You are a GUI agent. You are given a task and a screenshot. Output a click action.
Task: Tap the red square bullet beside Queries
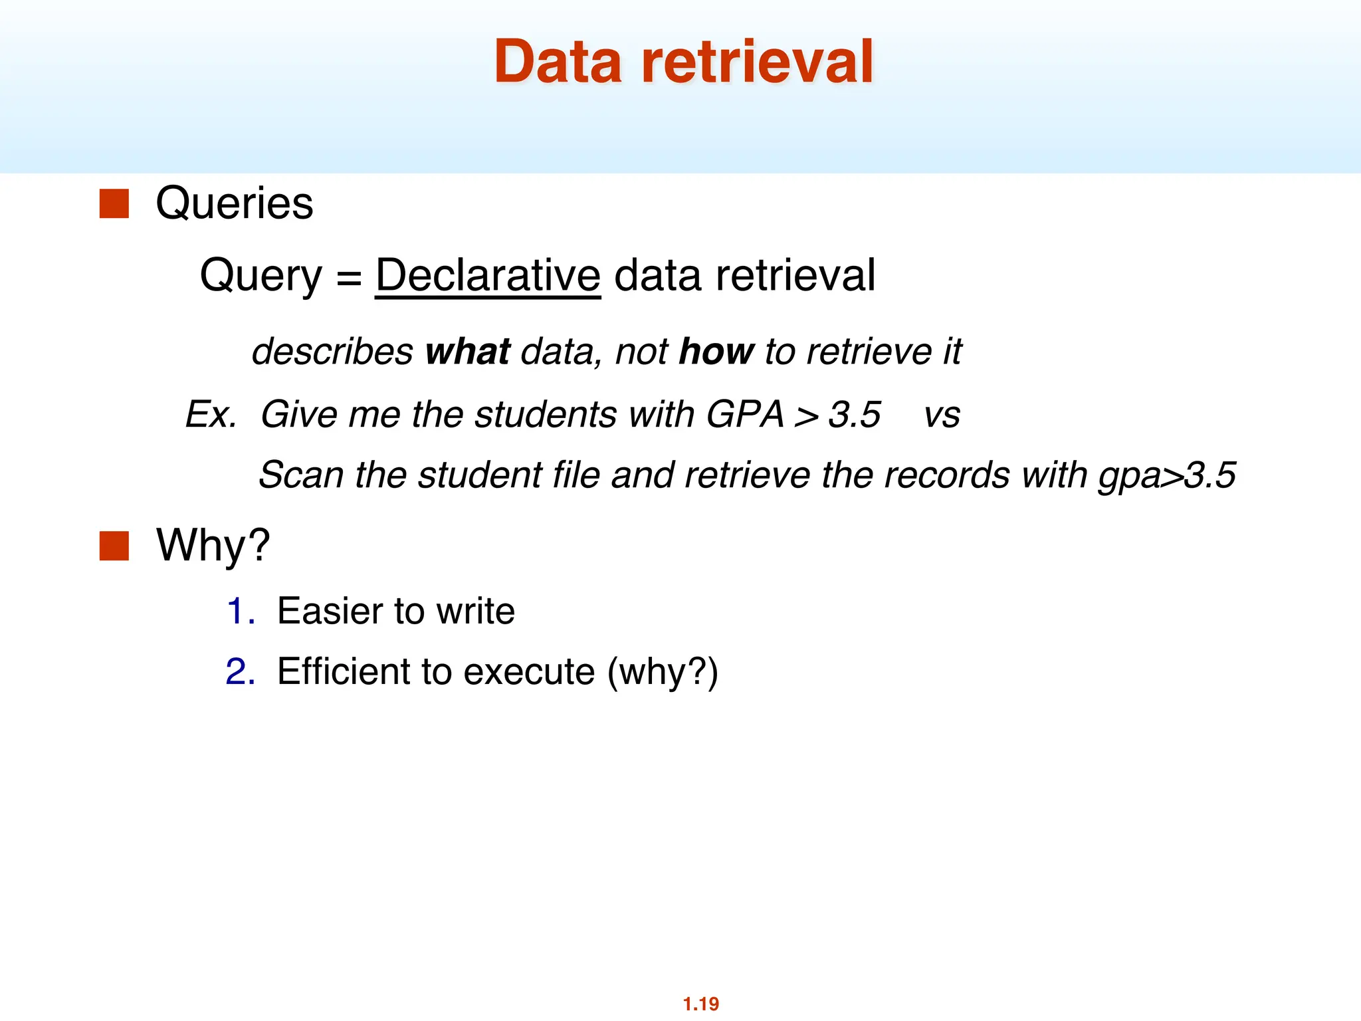click(114, 204)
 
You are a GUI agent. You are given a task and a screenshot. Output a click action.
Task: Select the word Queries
click(234, 203)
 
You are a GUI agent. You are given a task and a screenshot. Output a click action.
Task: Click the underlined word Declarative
click(488, 275)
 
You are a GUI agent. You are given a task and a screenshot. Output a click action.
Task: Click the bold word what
click(467, 352)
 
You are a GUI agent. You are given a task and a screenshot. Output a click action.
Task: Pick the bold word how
click(716, 352)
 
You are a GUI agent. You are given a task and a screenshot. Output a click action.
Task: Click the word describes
click(332, 352)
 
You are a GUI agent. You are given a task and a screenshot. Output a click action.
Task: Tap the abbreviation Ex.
click(211, 414)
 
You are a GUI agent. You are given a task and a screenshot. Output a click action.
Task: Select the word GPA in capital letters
click(745, 414)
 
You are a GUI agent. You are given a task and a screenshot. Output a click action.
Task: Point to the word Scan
click(300, 475)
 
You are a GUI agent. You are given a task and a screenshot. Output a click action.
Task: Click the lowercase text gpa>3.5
click(1166, 476)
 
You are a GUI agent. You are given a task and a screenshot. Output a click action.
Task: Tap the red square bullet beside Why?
click(114, 546)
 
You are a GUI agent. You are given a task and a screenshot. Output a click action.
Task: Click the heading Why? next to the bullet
click(213, 545)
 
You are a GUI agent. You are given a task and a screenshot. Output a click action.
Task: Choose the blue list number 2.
click(239, 671)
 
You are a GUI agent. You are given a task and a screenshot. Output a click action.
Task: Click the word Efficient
click(343, 671)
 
